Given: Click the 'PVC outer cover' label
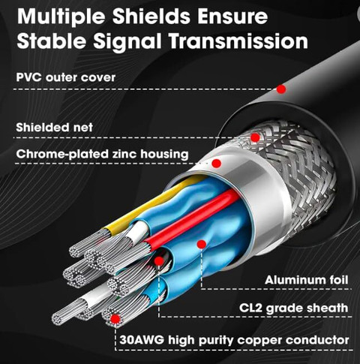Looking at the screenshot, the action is [x=66, y=77].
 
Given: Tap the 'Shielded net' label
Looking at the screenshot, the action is [x=55, y=128].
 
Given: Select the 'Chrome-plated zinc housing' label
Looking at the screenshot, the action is [x=102, y=154].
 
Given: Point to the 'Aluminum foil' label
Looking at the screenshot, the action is [x=306, y=280].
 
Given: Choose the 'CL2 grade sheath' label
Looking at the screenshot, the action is [x=293, y=308].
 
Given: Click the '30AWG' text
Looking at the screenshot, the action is [x=142, y=340].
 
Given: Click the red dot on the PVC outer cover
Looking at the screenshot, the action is [x=281, y=89].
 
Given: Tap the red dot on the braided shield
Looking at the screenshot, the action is [x=255, y=137].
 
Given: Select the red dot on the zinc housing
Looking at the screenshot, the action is [x=217, y=164].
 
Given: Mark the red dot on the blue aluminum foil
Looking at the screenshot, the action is [x=202, y=244].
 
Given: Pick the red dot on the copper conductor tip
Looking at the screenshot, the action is [x=115, y=319].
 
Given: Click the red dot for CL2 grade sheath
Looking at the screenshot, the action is [x=159, y=261].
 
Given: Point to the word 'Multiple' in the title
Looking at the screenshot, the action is [x=61, y=17].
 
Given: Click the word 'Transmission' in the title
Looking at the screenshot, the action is [x=238, y=41].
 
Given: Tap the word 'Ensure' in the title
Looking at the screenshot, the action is [x=232, y=16].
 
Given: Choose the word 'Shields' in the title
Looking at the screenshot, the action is [x=151, y=16].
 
